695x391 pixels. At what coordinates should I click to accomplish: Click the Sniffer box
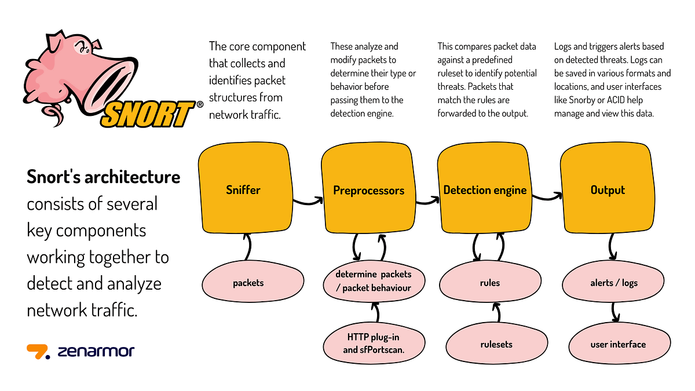click(x=246, y=188)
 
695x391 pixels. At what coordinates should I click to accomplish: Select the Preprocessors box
click(x=368, y=188)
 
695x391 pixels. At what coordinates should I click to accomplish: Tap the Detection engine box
click(x=485, y=188)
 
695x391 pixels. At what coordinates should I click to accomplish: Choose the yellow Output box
click(x=608, y=188)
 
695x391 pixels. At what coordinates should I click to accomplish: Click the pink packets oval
click(x=253, y=282)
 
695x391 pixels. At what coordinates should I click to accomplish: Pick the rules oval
click(x=490, y=282)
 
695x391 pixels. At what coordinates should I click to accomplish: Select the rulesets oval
click(x=497, y=343)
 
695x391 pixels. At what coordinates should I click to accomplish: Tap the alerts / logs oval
click(x=613, y=282)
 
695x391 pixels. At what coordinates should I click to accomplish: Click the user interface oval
click(x=620, y=343)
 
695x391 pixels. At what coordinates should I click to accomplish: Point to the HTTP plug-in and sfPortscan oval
click(x=374, y=343)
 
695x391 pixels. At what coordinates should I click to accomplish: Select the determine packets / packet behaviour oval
click(x=374, y=282)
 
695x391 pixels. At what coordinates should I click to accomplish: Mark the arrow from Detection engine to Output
click(x=547, y=198)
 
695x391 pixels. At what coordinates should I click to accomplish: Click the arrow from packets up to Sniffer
click(x=249, y=247)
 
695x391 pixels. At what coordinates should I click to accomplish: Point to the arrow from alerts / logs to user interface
click(x=614, y=312)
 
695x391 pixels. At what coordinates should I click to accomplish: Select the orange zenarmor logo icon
click(x=38, y=352)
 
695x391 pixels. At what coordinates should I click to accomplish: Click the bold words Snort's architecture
click(x=103, y=177)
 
